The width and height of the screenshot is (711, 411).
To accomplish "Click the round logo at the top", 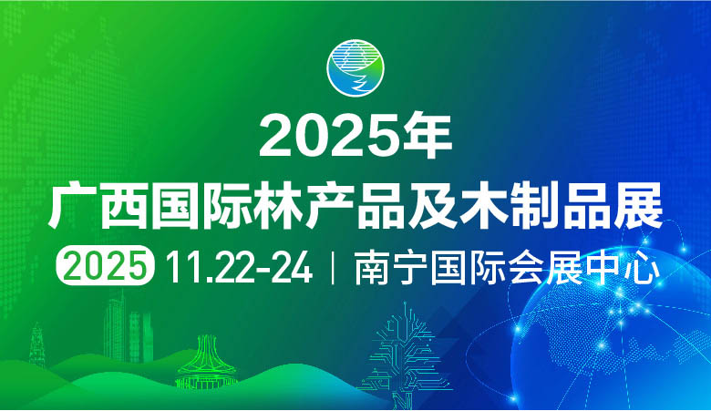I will [356, 69].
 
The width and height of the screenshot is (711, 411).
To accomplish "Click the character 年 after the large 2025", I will [427, 137].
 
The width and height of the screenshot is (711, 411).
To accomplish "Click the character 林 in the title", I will [306, 203].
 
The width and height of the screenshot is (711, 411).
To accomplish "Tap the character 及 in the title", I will [471, 203].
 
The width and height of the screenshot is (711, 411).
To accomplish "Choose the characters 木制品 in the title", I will [573, 203].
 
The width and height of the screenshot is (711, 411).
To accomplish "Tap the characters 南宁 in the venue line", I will [384, 266].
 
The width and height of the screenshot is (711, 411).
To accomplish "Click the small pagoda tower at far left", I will [39, 351].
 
